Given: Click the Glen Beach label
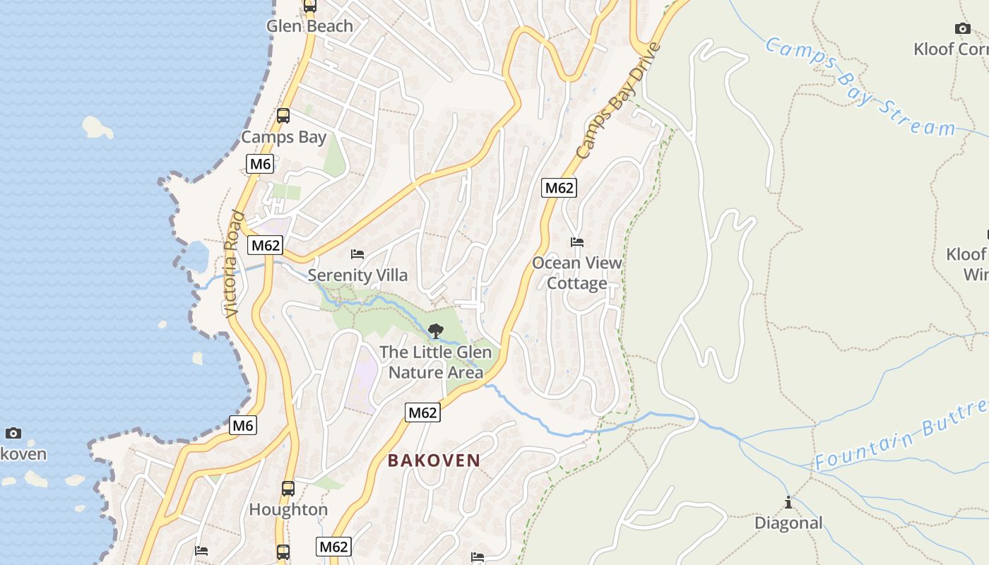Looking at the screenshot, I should [x=309, y=26].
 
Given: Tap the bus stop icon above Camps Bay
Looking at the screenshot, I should [x=283, y=116].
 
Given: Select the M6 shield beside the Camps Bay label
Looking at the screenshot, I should [x=260, y=165].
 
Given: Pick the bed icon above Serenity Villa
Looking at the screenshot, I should [x=357, y=254].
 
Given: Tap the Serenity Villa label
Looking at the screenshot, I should [x=357, y=275].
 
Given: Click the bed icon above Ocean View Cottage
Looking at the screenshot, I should [x=577, y=242].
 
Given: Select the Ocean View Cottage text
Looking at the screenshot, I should [x=577, y=273].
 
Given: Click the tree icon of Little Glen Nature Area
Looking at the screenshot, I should [x=436, y=331].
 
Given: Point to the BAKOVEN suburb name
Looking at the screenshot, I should [x=434, y=460].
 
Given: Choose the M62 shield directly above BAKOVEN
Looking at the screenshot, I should [x=422, y=412].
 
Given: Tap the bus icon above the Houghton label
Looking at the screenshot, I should [x=288, y=488].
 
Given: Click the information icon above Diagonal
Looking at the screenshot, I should [x=788, y=503].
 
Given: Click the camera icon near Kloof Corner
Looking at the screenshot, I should [x=962, y=29].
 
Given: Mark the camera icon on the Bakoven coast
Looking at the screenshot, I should [x=13, y=433].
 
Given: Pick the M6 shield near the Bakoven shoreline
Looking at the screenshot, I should [x=242, y=425].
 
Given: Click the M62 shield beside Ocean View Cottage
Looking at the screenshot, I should [x=559, y=188].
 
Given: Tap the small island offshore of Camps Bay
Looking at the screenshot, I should [x=97, y=127].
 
